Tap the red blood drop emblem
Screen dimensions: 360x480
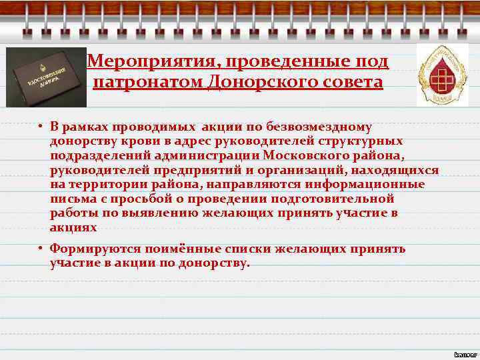[x=443, y=75]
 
